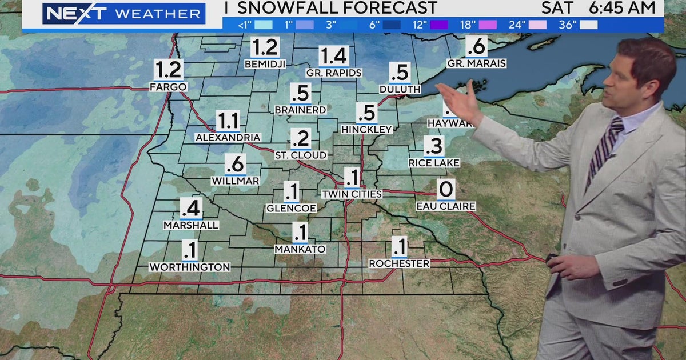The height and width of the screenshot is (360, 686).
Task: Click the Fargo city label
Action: [x=168, y=87]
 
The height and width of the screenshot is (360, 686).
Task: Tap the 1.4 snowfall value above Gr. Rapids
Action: [x=334, y=57]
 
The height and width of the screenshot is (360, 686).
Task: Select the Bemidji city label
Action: [x=265, y=64]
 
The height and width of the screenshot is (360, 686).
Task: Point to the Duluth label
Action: [x=400, y=90]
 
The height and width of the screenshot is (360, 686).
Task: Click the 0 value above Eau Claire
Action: [x=445, y=189]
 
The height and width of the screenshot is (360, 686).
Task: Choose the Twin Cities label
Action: [x=352, y=194]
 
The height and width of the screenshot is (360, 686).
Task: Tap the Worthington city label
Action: [x=190, y=267]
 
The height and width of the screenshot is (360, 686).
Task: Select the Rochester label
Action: [x=399, y=263]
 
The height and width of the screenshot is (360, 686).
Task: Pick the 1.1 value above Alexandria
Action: [x=228, y=122]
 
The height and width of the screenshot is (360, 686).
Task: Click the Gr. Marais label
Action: [x=477, y=63]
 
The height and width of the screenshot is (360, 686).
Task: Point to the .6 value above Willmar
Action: [x=235, y=165]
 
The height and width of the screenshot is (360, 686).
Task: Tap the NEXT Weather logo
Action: [x=123, y=13]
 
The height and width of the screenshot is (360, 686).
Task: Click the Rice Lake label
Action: [x=434, y=163]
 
